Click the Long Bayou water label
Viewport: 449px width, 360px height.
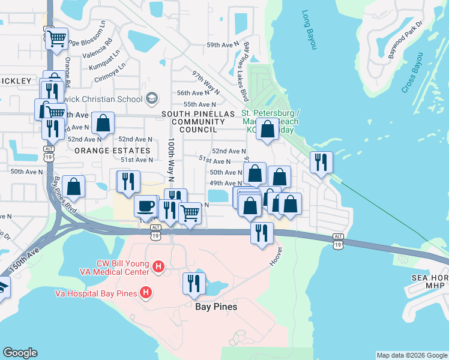[309, 29]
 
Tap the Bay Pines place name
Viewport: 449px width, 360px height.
[216, 307]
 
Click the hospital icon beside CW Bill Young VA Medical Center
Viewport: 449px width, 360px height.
[158, 266]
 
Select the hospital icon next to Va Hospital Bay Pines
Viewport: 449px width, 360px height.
[145, 293]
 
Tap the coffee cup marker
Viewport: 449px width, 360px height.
[146, 206]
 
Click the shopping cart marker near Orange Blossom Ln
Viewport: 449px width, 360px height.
[57, 39]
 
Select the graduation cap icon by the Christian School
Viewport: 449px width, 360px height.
[152, 97]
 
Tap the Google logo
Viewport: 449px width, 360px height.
[20, 353]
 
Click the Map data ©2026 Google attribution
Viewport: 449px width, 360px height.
[412, 355]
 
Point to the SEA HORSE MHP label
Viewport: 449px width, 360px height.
[429, 282]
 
